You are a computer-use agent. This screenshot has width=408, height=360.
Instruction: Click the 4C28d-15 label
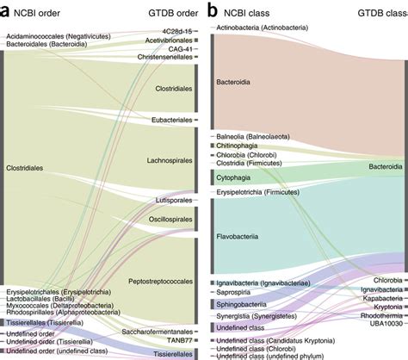click(176, 32)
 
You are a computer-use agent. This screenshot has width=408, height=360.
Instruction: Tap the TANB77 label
click(178, 340)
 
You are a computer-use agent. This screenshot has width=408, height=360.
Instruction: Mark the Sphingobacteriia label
click(244, 303)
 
